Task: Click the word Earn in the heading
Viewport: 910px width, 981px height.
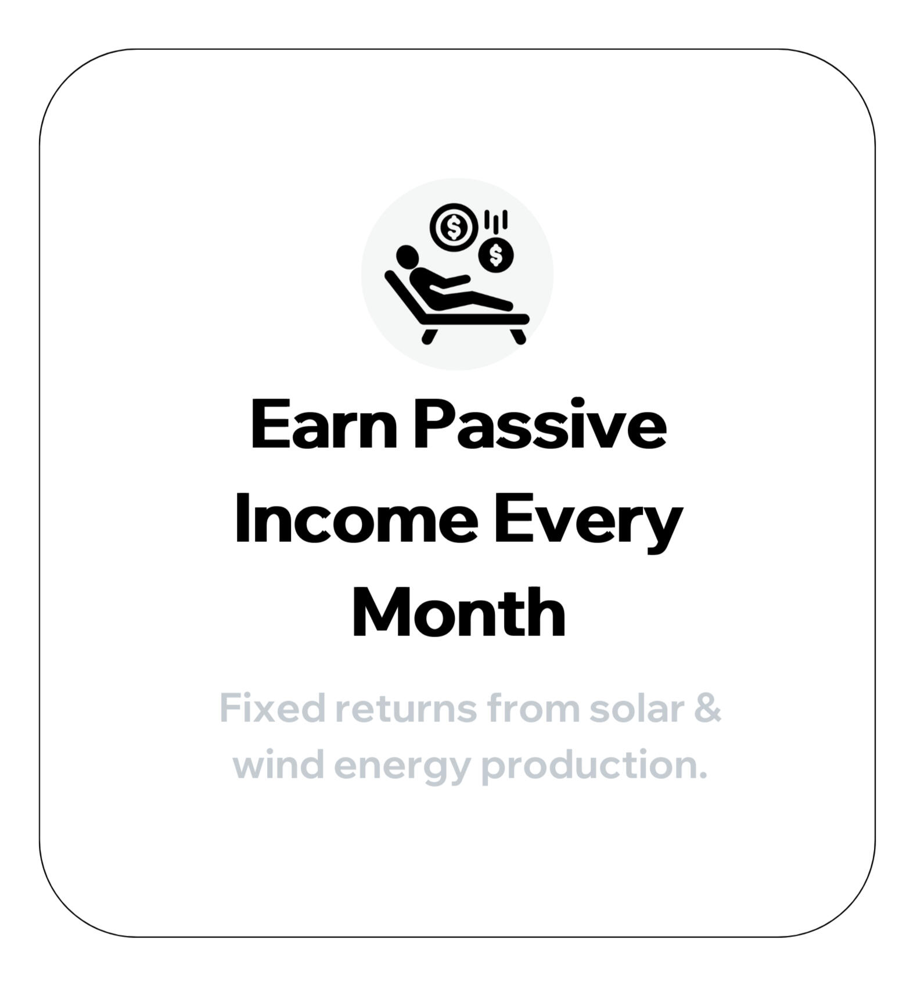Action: (324, 425)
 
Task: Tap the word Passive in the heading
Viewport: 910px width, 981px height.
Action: (540, 425)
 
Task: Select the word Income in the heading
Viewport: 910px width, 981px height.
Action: (356, 518)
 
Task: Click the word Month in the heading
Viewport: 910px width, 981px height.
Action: (459, 612)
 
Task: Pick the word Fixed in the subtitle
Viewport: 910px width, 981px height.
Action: (272, 709)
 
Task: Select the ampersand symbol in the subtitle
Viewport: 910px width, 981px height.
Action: (708, 709)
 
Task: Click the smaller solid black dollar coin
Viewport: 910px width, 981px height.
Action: (496, 255)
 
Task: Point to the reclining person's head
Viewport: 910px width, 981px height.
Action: (407, 256)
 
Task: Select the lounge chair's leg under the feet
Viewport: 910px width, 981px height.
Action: (518, 336)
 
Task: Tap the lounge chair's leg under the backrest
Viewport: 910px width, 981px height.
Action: (430, 336)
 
